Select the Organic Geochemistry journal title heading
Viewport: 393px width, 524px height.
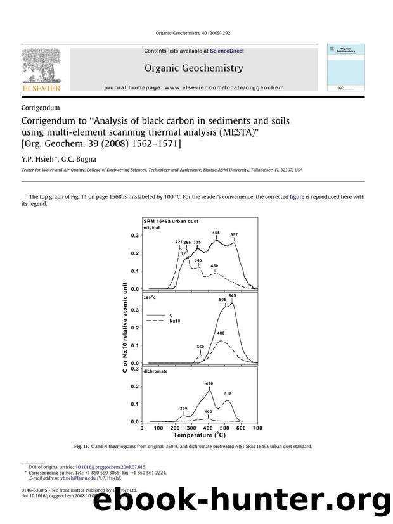point(195,68)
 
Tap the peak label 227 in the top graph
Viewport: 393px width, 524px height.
point(179,242)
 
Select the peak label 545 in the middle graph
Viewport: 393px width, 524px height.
point(232,295)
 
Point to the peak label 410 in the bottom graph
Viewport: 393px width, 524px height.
point(209,384)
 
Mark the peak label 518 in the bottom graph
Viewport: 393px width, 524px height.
point(228,393)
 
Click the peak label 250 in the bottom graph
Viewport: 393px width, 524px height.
point(183,408)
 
